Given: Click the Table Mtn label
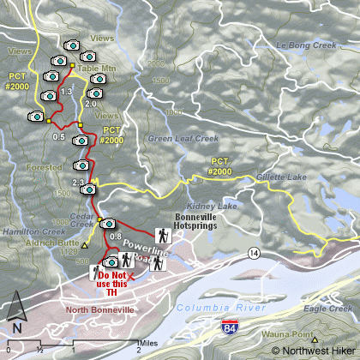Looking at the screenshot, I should [x=93, y=67].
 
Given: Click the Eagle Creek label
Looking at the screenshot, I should [x=328, y=308].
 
